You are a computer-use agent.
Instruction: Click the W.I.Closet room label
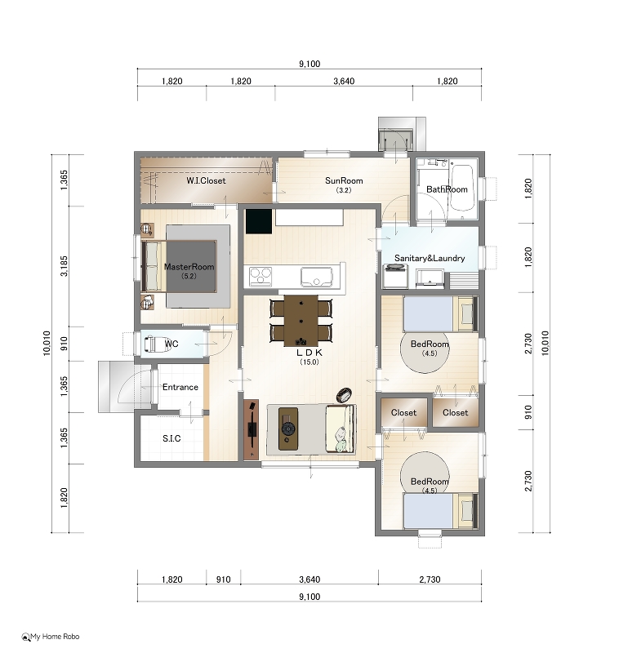206,180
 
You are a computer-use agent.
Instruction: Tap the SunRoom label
344,180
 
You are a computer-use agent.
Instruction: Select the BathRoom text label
447,189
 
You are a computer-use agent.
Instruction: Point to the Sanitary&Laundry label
430,258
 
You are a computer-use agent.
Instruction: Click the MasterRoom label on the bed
189,267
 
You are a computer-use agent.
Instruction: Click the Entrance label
180,387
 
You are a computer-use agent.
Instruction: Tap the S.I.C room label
171,438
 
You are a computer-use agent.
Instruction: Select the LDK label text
309,353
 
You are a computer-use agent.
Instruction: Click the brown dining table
301,321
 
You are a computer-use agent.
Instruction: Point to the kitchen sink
317,277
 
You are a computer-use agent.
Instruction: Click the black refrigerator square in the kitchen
258,221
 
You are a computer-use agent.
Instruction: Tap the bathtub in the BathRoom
462,188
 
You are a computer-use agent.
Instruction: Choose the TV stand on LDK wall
251,430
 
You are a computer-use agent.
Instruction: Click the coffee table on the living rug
287,429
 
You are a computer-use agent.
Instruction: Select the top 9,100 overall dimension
309,64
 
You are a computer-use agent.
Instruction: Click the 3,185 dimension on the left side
64,266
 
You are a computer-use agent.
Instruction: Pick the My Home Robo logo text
55,637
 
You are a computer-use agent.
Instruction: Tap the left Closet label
403,413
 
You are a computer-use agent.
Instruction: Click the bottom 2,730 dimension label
430,580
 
